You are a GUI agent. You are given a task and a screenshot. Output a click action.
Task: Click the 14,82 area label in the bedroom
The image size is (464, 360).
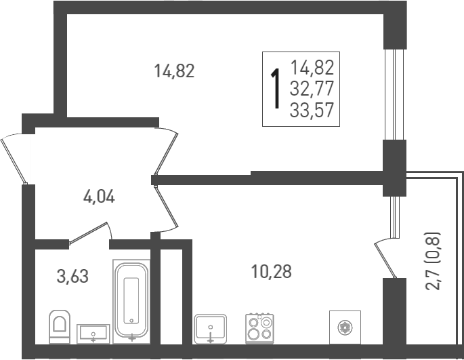tap(174, 71)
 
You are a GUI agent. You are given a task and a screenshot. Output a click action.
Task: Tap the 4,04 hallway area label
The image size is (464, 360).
tap(99, 197)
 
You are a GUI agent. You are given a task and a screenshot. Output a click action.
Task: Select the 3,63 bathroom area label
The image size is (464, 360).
tap(72, 276)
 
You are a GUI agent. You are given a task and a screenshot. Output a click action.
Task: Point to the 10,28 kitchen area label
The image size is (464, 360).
tap(271, 272)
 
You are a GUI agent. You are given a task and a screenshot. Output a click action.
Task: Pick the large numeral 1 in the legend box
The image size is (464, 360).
tap(275, 89)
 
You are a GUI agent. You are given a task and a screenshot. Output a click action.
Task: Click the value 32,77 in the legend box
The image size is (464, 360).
tap(312, 88)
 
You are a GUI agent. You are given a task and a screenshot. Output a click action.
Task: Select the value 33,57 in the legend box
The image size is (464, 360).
tap(312, 110)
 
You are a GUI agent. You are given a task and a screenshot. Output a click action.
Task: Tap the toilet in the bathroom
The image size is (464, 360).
tap(60, 326)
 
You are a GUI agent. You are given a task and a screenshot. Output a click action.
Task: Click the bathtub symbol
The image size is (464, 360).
tap(132, 299)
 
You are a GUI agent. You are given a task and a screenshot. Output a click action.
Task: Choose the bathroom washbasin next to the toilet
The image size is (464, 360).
tap(93, 333)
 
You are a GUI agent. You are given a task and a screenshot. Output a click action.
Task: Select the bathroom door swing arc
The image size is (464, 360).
tap(91, 231)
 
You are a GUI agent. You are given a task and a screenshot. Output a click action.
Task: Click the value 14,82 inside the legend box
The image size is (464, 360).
tap(312, 67)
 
